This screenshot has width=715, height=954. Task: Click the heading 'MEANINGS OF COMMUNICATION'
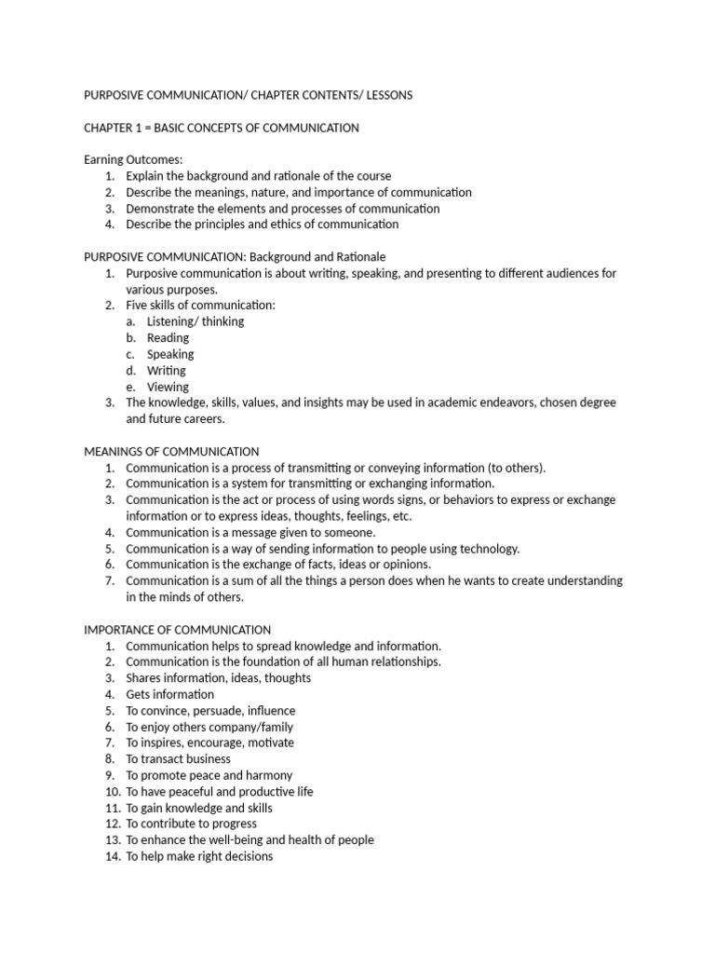point(171,451)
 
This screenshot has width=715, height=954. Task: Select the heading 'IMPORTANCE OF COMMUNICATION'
point(178,630)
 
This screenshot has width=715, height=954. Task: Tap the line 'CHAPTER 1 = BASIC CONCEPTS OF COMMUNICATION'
point(222,128)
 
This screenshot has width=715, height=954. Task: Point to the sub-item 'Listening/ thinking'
point(196,321)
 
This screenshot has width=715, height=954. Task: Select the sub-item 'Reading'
point(168,337)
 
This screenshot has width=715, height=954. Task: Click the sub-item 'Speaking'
point(170,354)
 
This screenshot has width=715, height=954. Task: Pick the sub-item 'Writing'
point(166,370)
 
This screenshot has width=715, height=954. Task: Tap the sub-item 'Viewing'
point(168,387)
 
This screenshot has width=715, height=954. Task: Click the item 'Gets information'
point(169,694)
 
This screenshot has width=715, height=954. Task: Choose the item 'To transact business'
point(178,758)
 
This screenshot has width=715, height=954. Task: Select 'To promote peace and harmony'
point(209,775)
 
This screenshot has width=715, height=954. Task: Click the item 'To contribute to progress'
point(192,824)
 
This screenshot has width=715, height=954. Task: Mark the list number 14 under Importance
point(111,856)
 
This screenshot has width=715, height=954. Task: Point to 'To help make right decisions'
point(199,856)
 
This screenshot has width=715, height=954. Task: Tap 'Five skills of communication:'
point(201,305)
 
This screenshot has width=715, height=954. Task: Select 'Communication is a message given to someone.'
point(250,532)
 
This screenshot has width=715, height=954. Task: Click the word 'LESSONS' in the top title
point(383,95)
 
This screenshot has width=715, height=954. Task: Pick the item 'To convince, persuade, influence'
point(210,710)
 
